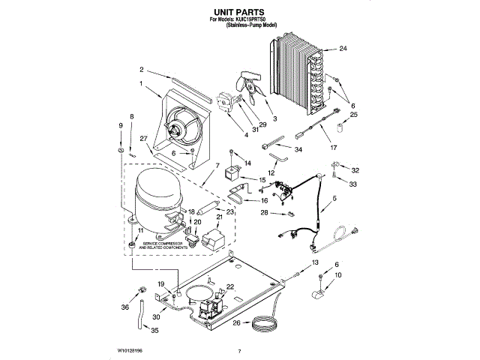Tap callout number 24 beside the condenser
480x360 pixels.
(x=343, y=49)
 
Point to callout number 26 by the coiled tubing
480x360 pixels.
(x=235, y=323)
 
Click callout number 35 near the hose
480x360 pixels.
(x=155, y=331)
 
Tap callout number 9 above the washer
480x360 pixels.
(x=120, y=124)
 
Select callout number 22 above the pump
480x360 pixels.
(x=230, y=286)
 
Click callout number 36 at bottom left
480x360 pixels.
(x=124, y=306)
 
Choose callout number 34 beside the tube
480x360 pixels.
(x=298, y=150)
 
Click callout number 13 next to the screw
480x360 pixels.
(x=315, y=262)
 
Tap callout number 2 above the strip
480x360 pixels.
(x=142, y=70)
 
